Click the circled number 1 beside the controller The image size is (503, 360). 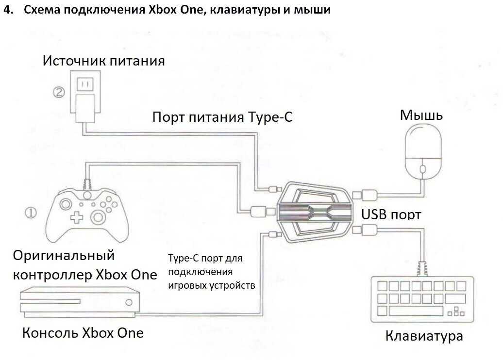click(31, 212)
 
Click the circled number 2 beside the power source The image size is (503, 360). click(59, 92)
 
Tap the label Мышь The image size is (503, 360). click(421, 115)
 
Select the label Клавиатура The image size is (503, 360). click(424, 336)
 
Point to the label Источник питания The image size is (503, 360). click(104, 61)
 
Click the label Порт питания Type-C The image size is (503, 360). click(222, 117)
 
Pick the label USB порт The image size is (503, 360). click(391, 214)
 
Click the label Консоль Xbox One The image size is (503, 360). click(83, 333)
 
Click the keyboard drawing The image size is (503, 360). click(422, 298)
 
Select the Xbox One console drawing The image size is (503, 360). click(77, 302)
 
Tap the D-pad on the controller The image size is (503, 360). click(75, 217)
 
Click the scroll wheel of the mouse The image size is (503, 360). click(421, 168)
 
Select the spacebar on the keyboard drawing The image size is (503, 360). click(416, 311)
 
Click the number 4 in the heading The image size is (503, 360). click(6, 10)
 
